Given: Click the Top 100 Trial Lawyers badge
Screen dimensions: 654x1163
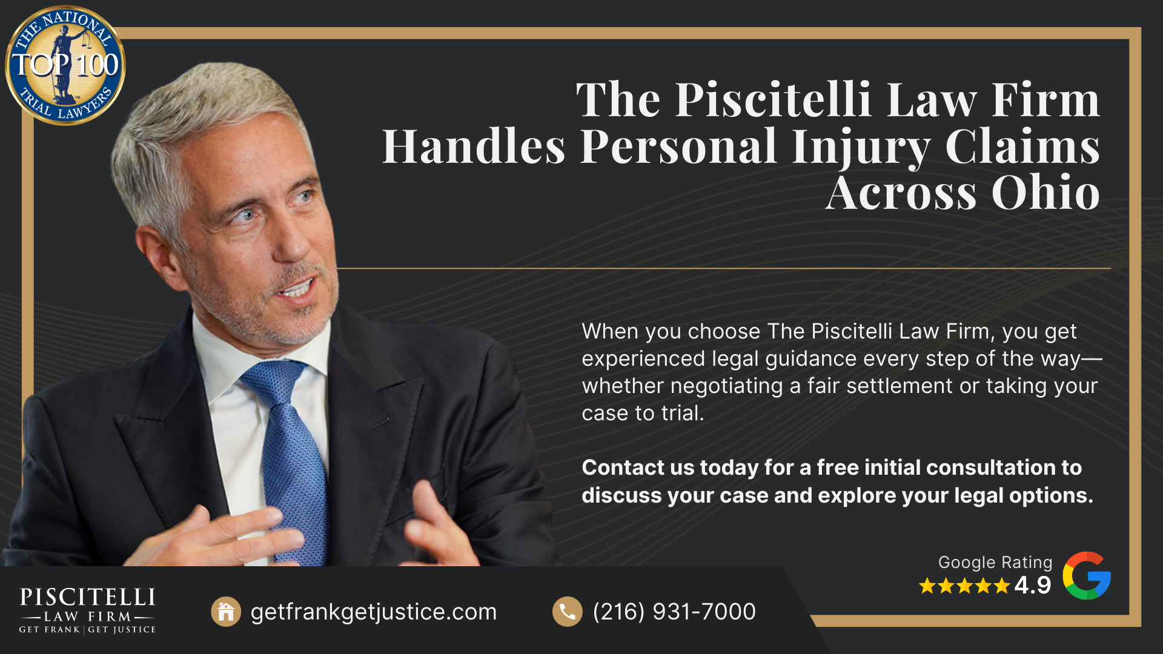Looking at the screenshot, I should [x=65, y=65].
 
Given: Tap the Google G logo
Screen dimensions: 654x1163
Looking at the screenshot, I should [x=1087, y=576].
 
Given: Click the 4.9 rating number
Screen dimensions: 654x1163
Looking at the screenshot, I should [x=1033, y=585].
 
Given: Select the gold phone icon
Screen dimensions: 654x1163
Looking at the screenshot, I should [x=567, y=612].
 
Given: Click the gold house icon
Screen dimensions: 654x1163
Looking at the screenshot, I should [x=226, y=612].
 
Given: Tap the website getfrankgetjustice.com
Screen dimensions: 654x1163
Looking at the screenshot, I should [x=373, y=612].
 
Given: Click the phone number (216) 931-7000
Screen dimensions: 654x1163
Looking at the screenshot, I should [x=674, y=612].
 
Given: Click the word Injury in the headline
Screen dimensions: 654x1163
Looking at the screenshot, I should [x=860, y=147].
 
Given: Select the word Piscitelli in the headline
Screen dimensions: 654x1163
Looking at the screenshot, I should [x=773, y=100].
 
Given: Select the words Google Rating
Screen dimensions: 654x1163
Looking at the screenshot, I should [x=995, y=562].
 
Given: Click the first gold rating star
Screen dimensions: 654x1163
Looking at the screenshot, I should [x=927, y=586].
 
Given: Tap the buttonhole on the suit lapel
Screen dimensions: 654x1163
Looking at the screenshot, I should [x=381, y=421].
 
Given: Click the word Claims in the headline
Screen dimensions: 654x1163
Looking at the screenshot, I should [x=1022, y=147].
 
